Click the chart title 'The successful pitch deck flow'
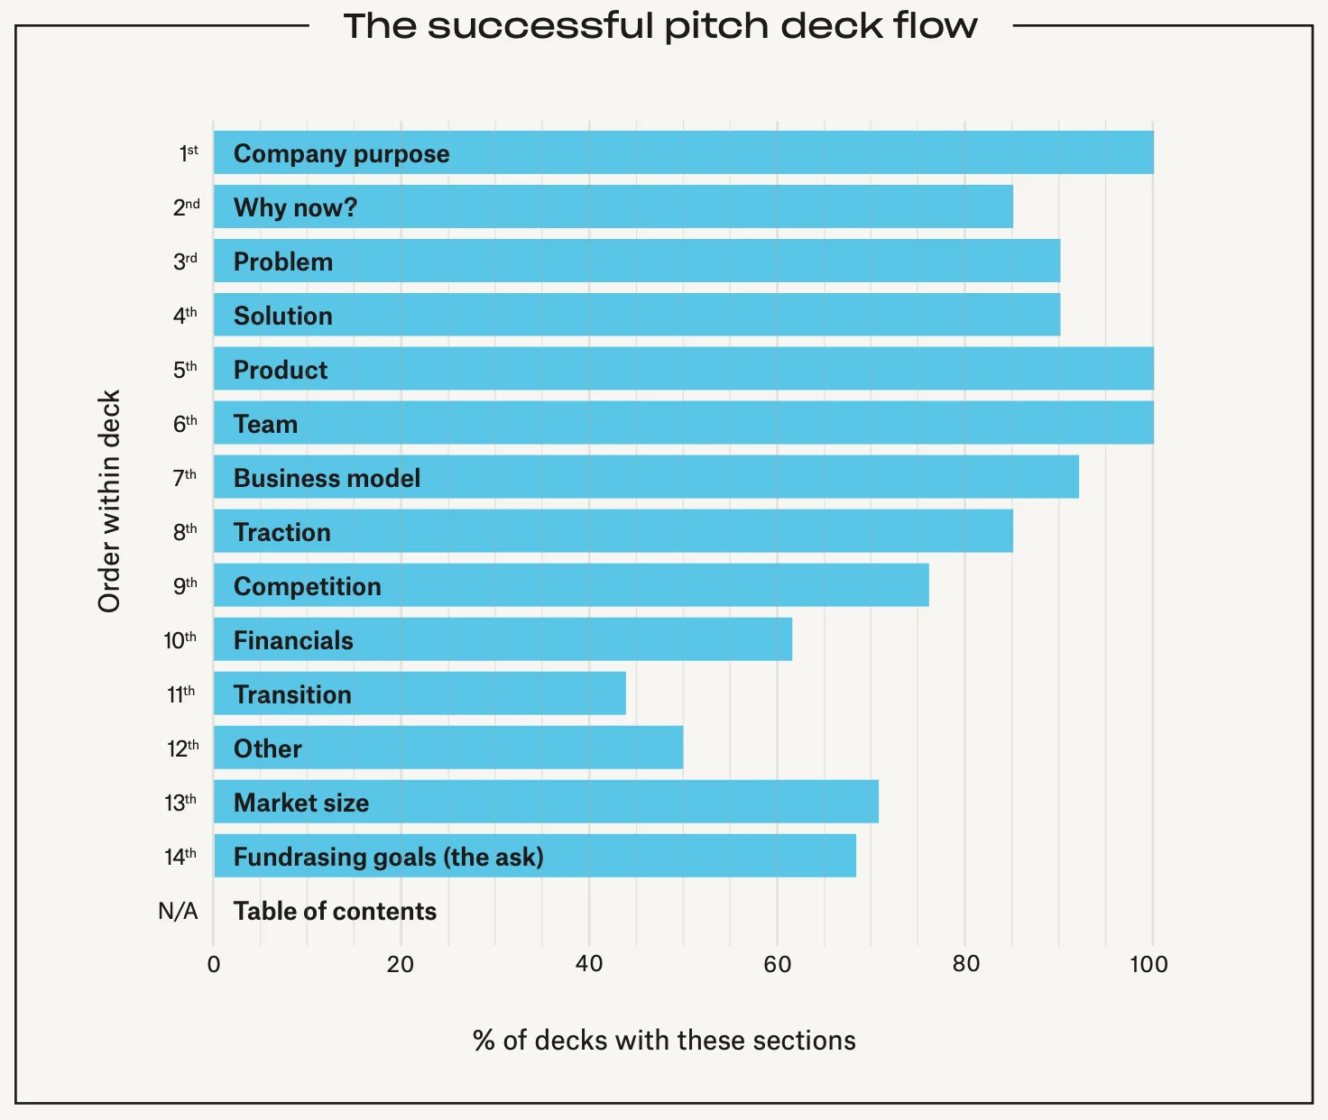(x=660, y=26)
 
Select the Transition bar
(x=420, y=693)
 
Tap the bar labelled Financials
(x=503, y=639)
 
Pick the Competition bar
(x=571, y=585)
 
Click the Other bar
(x=448, y=748)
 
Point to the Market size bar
(x=546, y=802)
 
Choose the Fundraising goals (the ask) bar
(x=535, y=856)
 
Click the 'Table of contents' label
(x=335, y=911)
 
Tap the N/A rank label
(x=178, y=911)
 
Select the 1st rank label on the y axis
(x=188, y=153)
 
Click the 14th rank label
(x=180, y=856)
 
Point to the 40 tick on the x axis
(x=589, y=964)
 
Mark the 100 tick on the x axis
(x=1148, y=964)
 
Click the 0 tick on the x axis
(x=214, y=964)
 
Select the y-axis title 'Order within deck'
(x=109, y=501)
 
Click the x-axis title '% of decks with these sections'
(x=664, y=1040)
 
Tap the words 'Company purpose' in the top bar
(x=341, y=153)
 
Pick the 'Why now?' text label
(x=295, y=207)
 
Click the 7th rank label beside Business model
(x=184, y=477)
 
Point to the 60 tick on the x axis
(x=777, y=964)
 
